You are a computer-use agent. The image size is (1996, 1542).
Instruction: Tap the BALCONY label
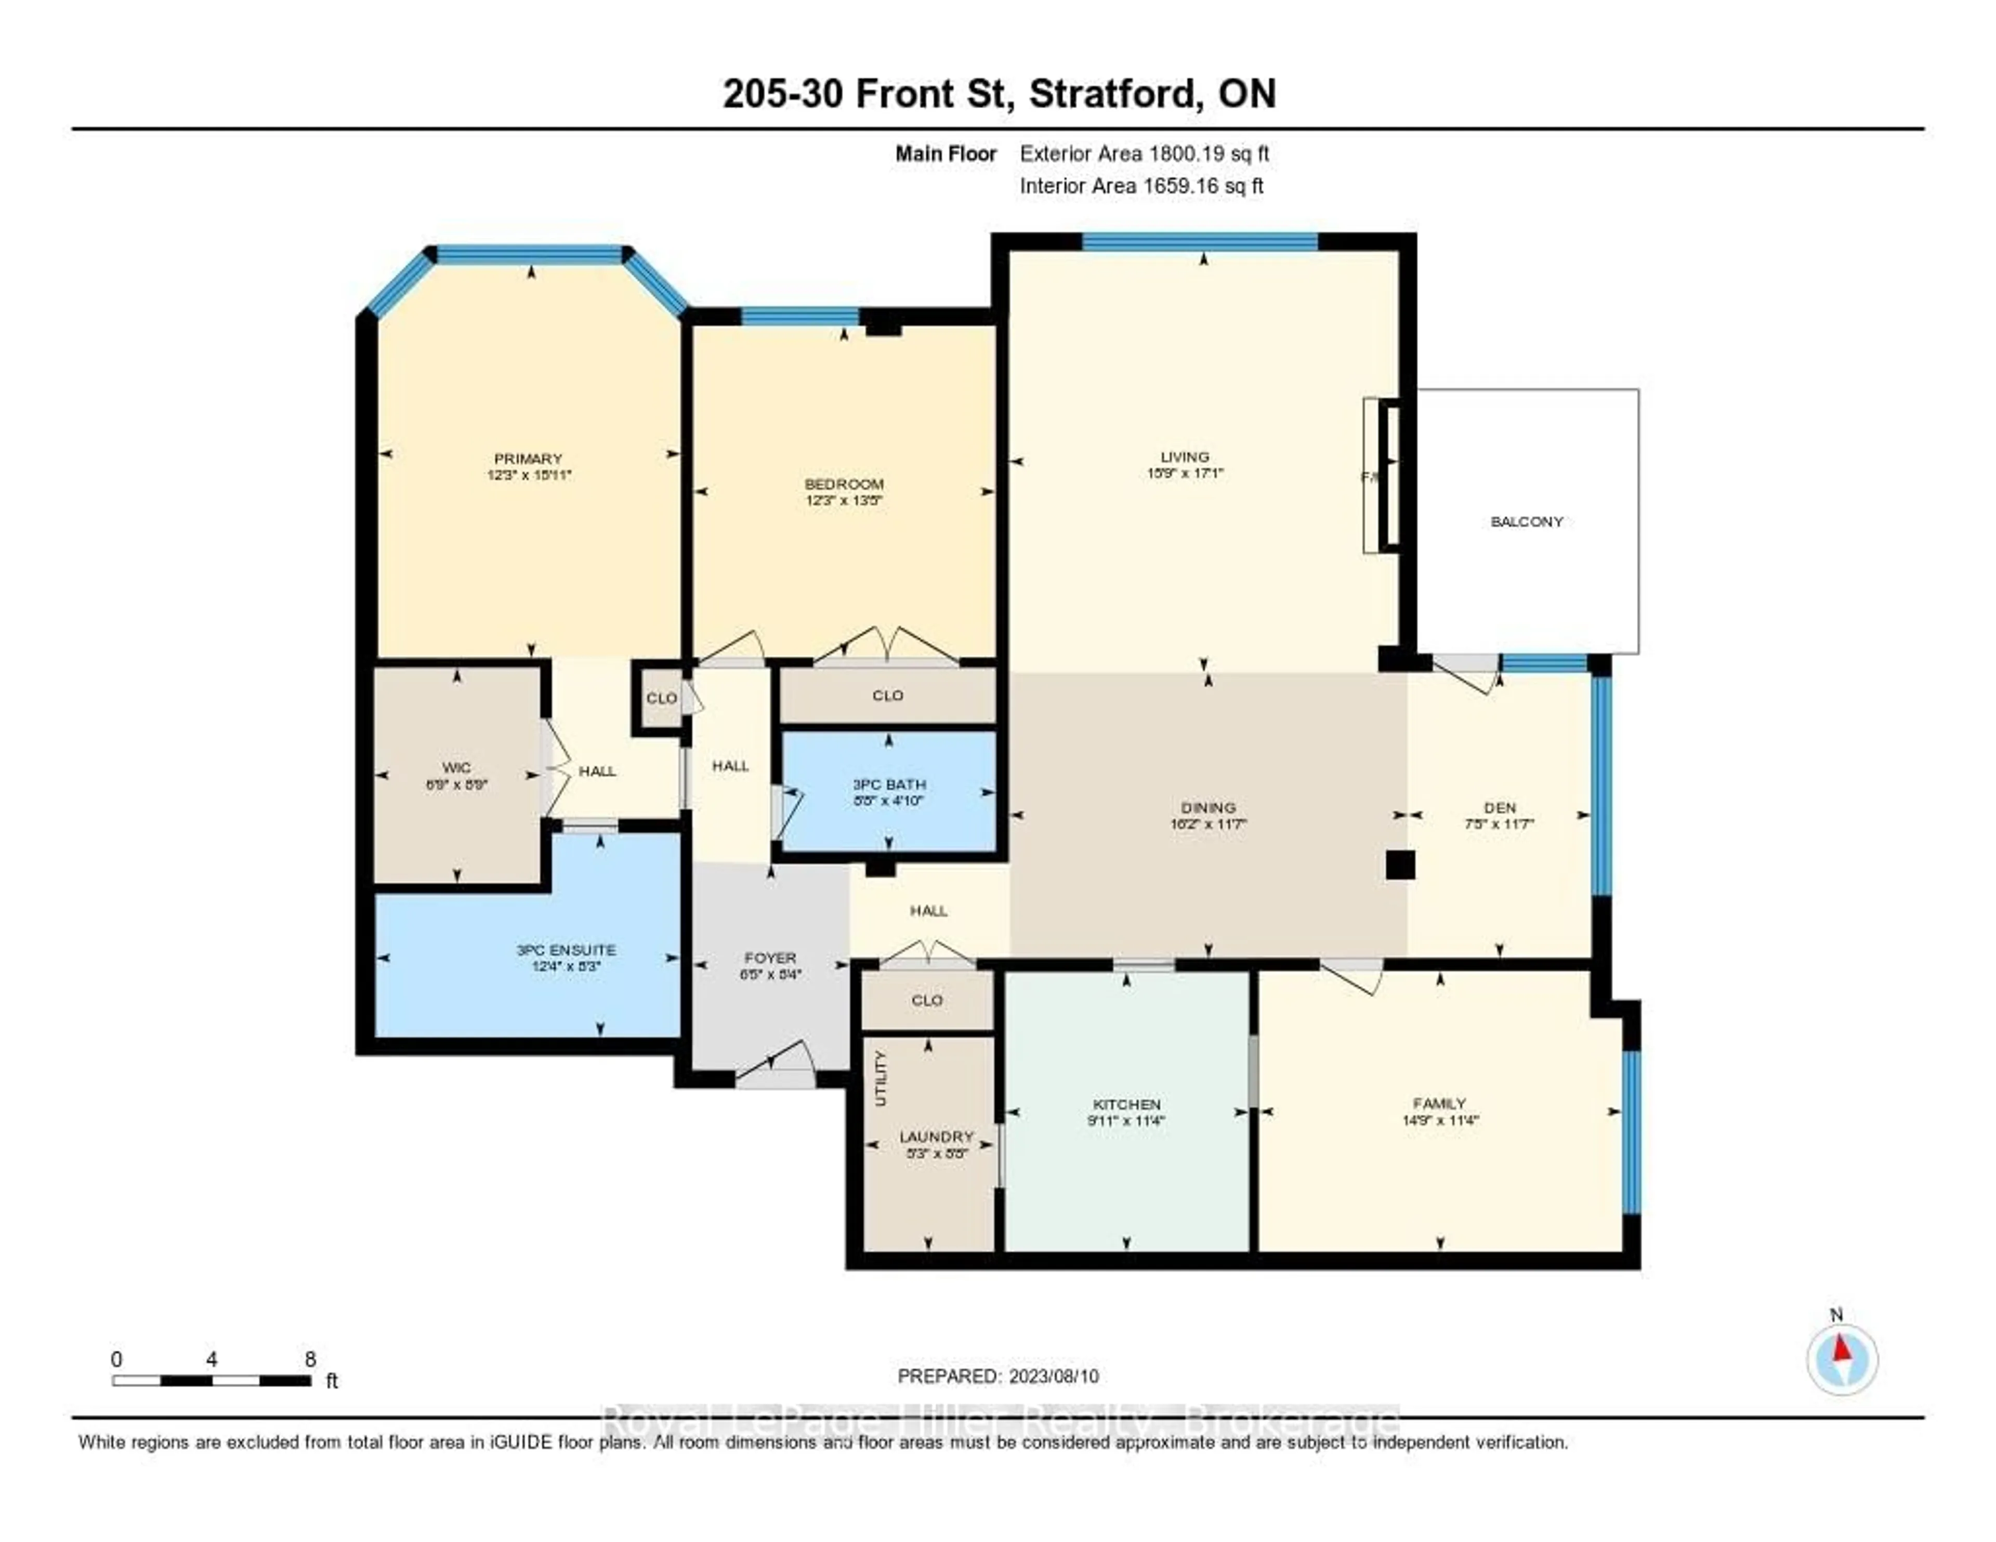tap(1526, 522)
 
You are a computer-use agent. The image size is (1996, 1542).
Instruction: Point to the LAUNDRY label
tap(936, 1136)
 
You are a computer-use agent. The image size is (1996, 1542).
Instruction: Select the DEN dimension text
tap(1499, 824)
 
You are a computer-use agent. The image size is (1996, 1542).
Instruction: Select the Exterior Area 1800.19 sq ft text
tap(1144, 153)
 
